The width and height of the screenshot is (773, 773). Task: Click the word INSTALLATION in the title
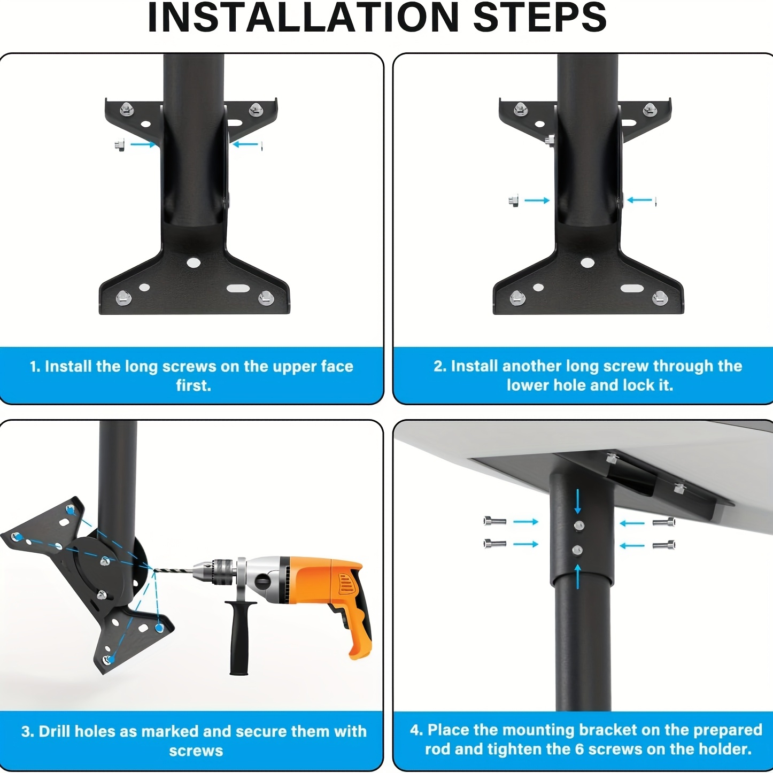(x=303, y=18)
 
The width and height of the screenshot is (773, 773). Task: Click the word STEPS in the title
(x=540, y=18)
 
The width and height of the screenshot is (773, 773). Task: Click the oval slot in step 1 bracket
(x=238, y=288)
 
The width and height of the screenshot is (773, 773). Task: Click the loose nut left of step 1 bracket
(x=119, y=145)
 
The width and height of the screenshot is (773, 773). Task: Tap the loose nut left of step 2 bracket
(x=513, y=200)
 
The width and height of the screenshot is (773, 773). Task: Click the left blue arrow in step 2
(x=537, y=200)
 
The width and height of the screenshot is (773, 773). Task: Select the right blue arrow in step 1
(x=245, y=144)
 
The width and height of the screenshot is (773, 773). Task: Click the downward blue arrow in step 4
(x=578, y=501)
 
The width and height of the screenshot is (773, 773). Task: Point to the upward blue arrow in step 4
(x=578, y=576)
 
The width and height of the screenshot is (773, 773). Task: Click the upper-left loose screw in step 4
(x=495, y=522)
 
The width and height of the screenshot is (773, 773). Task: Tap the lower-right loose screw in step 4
(x=663, y=545)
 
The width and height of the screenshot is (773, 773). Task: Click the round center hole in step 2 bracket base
(x=588, y=263)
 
